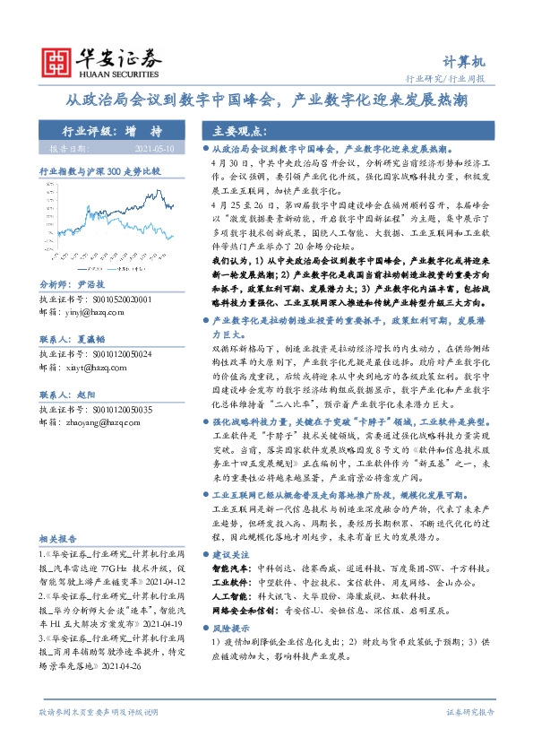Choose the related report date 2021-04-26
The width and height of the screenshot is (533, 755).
tap(123, 666)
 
